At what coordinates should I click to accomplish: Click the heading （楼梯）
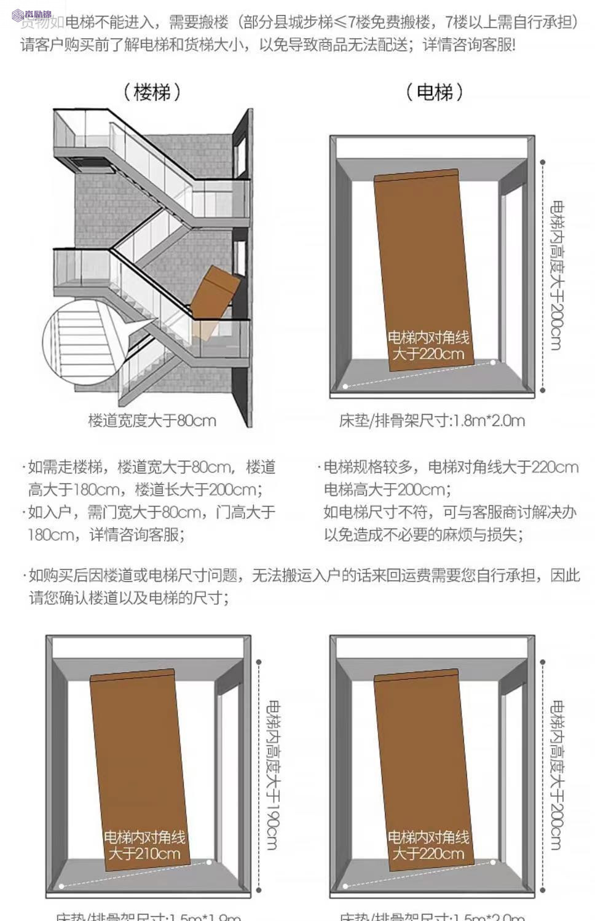point(152,92)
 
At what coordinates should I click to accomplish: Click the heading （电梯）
point(435,92)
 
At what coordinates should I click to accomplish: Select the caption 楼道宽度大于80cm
point(152,421)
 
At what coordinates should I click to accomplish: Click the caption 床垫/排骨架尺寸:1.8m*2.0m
point(431,421)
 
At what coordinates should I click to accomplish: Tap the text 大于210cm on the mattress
point(144,854)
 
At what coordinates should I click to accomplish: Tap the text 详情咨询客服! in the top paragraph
point(469,45)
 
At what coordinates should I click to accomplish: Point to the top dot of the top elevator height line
point(543,162)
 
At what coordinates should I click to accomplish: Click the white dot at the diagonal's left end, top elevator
point(345,386)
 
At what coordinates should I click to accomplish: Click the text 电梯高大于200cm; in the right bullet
point(387,490)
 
